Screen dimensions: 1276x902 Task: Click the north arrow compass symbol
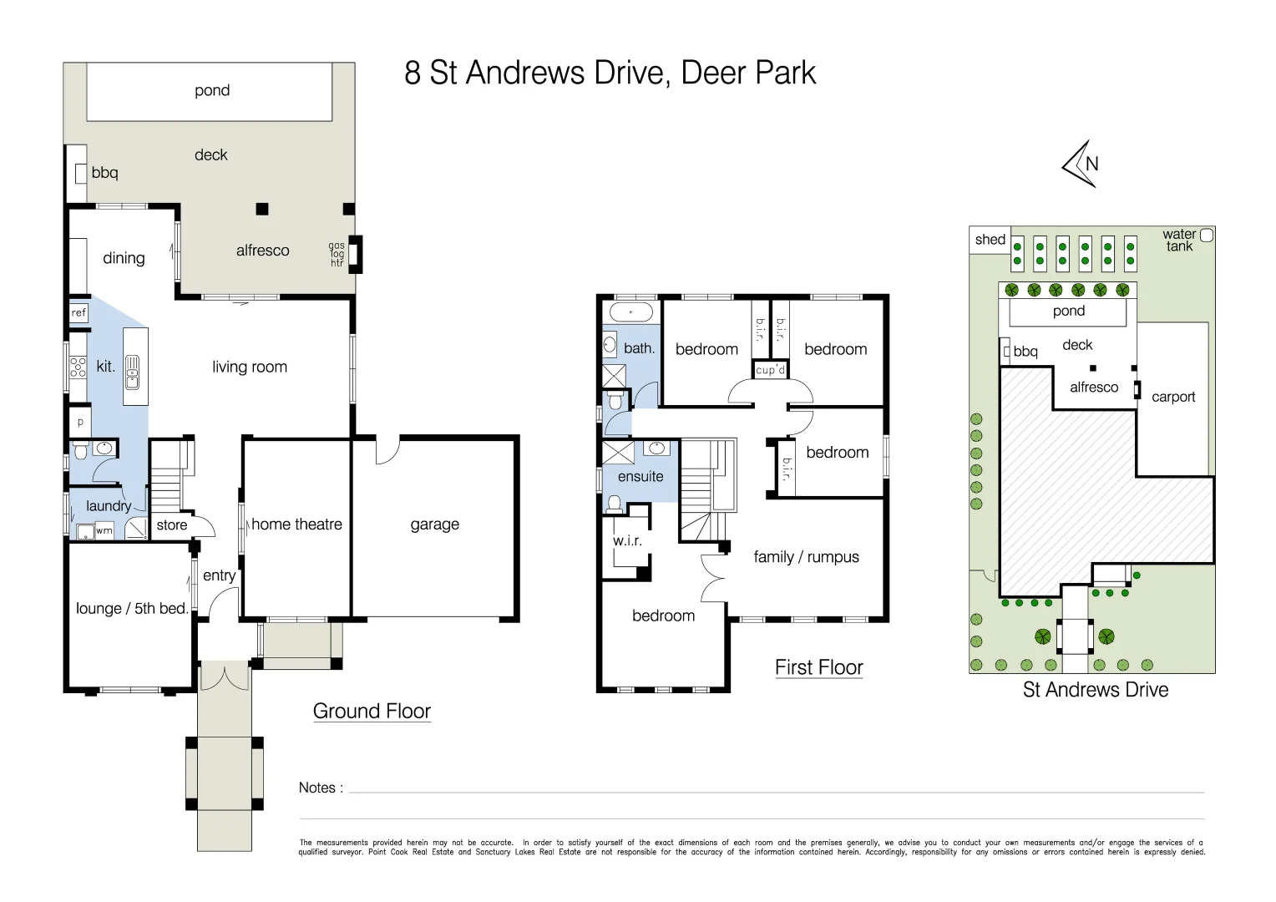1080,164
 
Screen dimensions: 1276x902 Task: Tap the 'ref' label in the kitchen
78,312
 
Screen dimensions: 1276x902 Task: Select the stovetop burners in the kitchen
78,367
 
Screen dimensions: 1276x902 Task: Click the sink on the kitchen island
132,372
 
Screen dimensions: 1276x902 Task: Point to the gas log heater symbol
356,254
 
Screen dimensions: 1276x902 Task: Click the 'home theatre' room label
296,524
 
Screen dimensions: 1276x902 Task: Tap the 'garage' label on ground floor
434,524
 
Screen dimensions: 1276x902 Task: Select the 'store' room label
172,524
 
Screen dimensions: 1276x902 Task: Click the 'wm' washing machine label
104,530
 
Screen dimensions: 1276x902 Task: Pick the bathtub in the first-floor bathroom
630,312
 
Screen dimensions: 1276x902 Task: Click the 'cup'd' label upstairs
770,370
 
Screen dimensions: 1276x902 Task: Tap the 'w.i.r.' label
627,540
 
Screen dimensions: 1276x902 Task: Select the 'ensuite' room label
641,476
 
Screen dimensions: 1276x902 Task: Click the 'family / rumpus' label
806,557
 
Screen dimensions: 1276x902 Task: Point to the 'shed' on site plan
990,240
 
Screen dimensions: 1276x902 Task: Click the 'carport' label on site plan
1173,398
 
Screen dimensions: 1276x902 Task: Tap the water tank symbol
1207,236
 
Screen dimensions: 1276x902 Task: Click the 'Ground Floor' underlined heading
372,711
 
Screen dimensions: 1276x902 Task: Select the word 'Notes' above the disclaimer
317,788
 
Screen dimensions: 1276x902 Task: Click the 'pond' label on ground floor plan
212,90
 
